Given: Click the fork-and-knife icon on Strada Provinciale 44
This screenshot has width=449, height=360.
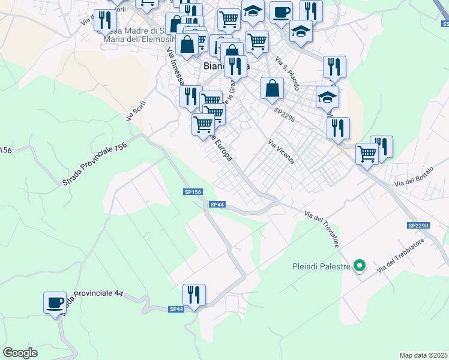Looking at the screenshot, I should tap(194, 295).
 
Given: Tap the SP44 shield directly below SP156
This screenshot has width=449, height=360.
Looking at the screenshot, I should tap(217, 205).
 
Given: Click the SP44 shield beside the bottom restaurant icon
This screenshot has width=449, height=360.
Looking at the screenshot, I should tap(176, 308).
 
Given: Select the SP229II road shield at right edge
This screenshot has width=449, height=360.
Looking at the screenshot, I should tap(419, 226).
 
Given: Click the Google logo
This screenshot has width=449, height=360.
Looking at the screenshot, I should tap(20, 353).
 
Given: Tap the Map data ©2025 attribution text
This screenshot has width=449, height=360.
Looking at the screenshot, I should tap(423, 355).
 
